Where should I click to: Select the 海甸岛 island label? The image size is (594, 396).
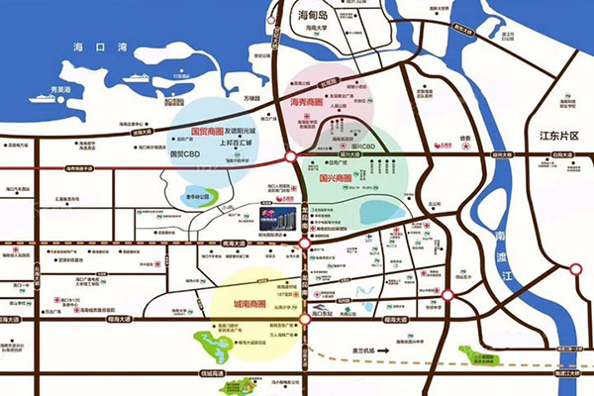[317, 17]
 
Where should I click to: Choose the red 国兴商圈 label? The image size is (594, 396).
[340, 179]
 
